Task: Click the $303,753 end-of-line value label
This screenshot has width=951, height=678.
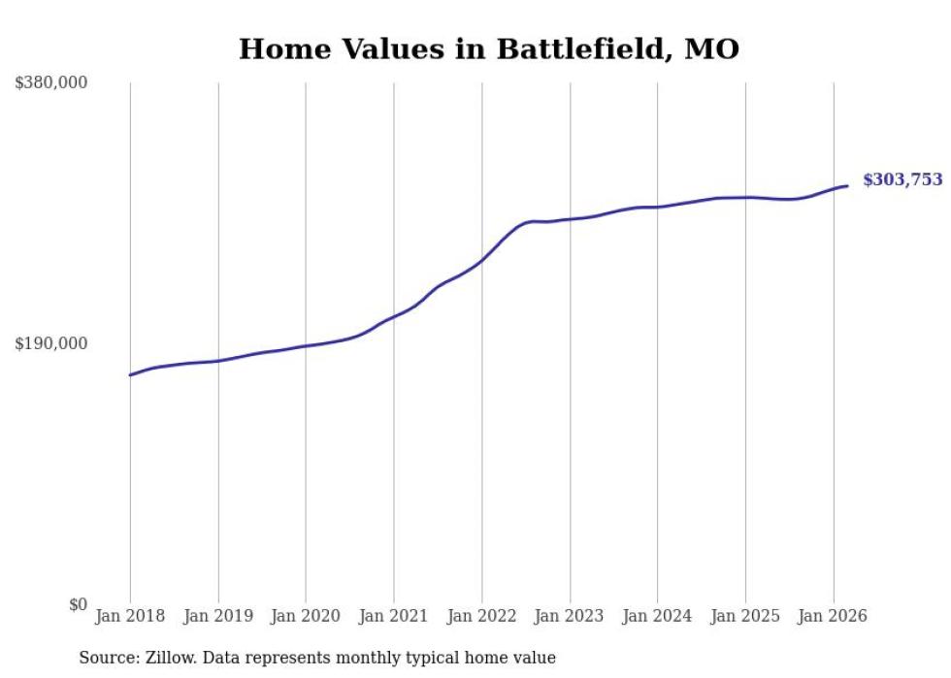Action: pyautogui.click(x=902, y=179)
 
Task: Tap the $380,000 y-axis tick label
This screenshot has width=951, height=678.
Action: pyautogui.click(x=50, y=83)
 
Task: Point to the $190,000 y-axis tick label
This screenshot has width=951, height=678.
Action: pyautogui.click(x=50, y=343)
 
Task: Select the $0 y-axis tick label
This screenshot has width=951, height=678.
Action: pyautogui.click(x=78, y=604)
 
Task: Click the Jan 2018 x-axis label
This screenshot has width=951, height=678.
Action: pyautogui.click(x=130, y=616)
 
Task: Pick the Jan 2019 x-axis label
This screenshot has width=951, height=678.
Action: pyautogui.click(x=217, y=616)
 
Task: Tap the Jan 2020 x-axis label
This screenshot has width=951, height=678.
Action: pyautogui.click(x=306, y=616)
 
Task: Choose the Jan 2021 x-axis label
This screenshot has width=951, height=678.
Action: pyautogui.click(x=393, y=616)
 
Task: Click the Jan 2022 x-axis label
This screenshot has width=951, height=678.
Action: pyautogui.click(x=481, y=616)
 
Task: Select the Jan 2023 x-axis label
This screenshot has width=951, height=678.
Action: pyautogui.click(x=570, y=616)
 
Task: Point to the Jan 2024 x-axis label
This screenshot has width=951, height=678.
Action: pyautogui.click(x=657, y=616)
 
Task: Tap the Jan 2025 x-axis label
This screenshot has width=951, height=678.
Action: pyautogui.click(x=745, y=616)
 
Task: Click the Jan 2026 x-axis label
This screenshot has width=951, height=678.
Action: pyautogui.click(x=833, y=616)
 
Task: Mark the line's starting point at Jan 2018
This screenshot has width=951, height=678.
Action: pyautogui.click(x=130, y=374)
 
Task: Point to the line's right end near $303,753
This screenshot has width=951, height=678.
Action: pyautogui.click(x=847, y=185)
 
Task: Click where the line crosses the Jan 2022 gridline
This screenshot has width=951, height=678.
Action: pyautogui.click(x=481, y=260)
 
